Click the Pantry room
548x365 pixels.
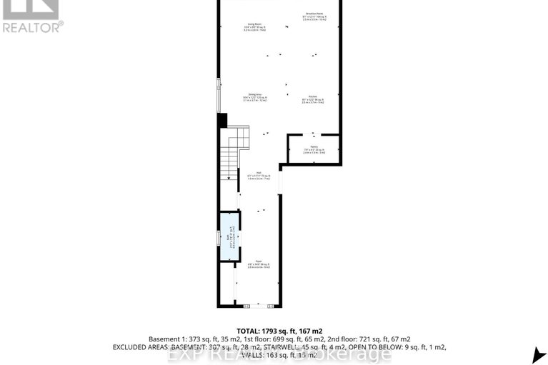click(x=313, y=149)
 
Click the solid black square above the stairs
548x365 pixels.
click(x=222, y=121)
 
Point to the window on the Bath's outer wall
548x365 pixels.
click(x=219, y=237)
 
